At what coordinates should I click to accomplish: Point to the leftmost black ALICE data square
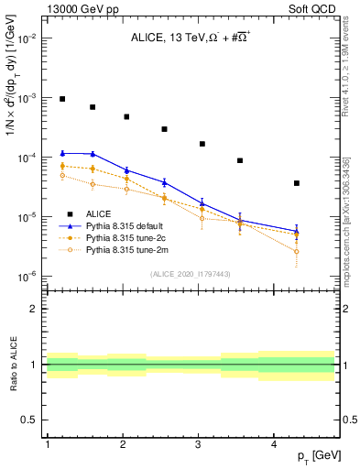(x=62, y=99)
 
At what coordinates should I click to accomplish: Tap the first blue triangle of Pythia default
(x=62, y=153)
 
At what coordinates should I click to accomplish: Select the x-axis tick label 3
(x=199, y=444)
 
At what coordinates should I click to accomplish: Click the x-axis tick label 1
(x=47, y=444)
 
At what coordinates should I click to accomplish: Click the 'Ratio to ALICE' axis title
(x=12, y=363)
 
